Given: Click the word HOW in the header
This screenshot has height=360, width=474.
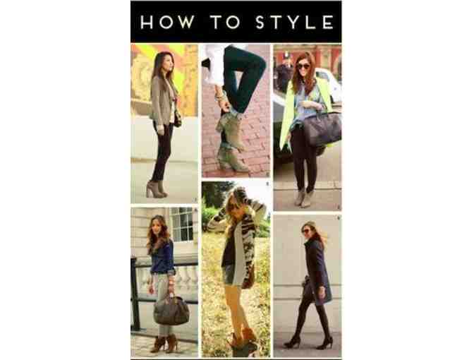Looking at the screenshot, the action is click(x=167, y=22).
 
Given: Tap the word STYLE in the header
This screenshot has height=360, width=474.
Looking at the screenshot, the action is click(x=295, y=22).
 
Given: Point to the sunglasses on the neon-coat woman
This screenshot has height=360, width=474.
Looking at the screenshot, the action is click(x=302, y=66).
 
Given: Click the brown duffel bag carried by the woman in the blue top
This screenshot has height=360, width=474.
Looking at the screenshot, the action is click(x=171, y=311).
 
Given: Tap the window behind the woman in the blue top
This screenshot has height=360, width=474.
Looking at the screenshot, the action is click(x=182, y=224).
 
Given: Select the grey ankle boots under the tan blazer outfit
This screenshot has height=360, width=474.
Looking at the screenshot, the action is click(x=157, y=189).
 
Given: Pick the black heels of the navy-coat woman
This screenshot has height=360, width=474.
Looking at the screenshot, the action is click(x=308, y=342).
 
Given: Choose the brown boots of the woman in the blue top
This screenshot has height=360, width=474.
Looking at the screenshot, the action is click(x=164, y=343).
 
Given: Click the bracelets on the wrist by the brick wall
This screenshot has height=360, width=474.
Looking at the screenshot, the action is click(x=220, y=96).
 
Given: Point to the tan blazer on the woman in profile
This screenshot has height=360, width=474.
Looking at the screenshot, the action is click(x=162, y=102).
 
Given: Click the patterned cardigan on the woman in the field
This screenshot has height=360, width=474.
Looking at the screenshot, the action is click(x=242, y=242).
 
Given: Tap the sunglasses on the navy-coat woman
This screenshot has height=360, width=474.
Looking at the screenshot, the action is click(x=305, y=232).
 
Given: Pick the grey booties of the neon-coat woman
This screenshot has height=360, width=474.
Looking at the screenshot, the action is click(x=303, y=197).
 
